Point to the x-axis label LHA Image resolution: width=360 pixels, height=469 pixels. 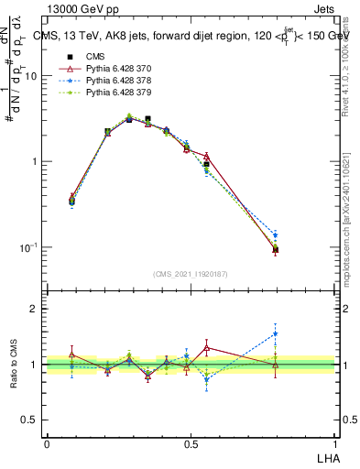click(326, 456)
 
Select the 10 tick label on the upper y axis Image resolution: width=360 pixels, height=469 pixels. click(31, 77)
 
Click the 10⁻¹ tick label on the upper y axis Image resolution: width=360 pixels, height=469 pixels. click(29, 247)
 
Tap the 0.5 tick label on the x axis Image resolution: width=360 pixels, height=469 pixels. click(190, 443)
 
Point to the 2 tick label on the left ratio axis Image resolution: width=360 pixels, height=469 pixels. click(35, 310)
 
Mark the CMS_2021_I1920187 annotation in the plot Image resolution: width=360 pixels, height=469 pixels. click(189, 274)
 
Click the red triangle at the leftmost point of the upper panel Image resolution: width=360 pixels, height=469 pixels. click(72, 197)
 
